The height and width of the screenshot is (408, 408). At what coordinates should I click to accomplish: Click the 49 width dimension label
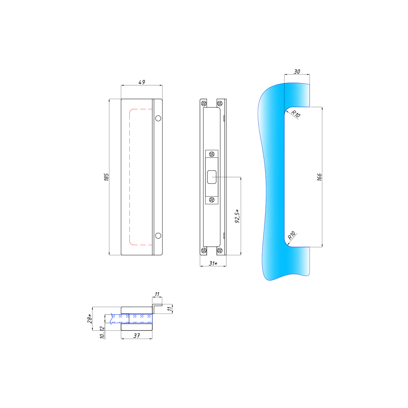(142, 82)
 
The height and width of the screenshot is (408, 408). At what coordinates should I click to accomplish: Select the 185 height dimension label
(106, 177)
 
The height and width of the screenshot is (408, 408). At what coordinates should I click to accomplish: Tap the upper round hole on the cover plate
(158, 118)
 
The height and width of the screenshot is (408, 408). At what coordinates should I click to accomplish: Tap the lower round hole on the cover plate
(158, 235)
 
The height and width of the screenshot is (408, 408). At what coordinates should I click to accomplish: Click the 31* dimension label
(213, 263)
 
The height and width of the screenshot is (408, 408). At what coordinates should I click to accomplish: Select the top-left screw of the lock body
(204, 104)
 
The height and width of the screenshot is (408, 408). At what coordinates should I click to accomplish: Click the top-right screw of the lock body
(220, 104)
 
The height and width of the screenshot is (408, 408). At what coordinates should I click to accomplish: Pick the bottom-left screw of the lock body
(204, 251)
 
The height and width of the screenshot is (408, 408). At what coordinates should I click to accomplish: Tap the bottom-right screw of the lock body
(220, 251)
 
